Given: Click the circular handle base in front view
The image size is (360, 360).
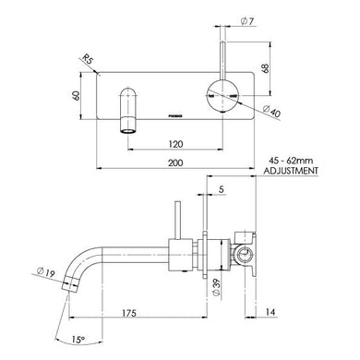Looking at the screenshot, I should [223, 94].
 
